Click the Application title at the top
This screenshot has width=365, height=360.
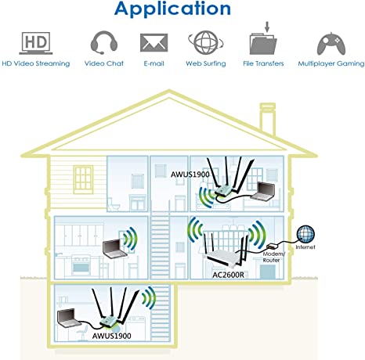172,9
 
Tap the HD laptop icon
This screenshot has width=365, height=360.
36,43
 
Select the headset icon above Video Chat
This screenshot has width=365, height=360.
104,42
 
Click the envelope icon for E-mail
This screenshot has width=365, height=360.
154,42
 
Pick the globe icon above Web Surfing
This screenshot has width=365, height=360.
206,42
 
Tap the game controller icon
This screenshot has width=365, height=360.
331,44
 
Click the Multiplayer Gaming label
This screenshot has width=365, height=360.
331,63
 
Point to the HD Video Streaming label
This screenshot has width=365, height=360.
36,63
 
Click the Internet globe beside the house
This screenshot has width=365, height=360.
305,233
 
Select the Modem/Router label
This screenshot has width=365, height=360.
273,257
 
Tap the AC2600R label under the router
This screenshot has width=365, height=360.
228,275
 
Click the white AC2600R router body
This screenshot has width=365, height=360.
225,257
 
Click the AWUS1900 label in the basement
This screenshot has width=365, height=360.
111,336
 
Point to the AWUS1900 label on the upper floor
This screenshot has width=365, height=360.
190,175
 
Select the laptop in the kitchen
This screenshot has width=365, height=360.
114,249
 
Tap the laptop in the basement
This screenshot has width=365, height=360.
69,318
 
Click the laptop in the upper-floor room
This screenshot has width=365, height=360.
263,192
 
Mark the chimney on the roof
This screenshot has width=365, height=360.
267,119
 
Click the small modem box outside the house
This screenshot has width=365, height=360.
272,246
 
